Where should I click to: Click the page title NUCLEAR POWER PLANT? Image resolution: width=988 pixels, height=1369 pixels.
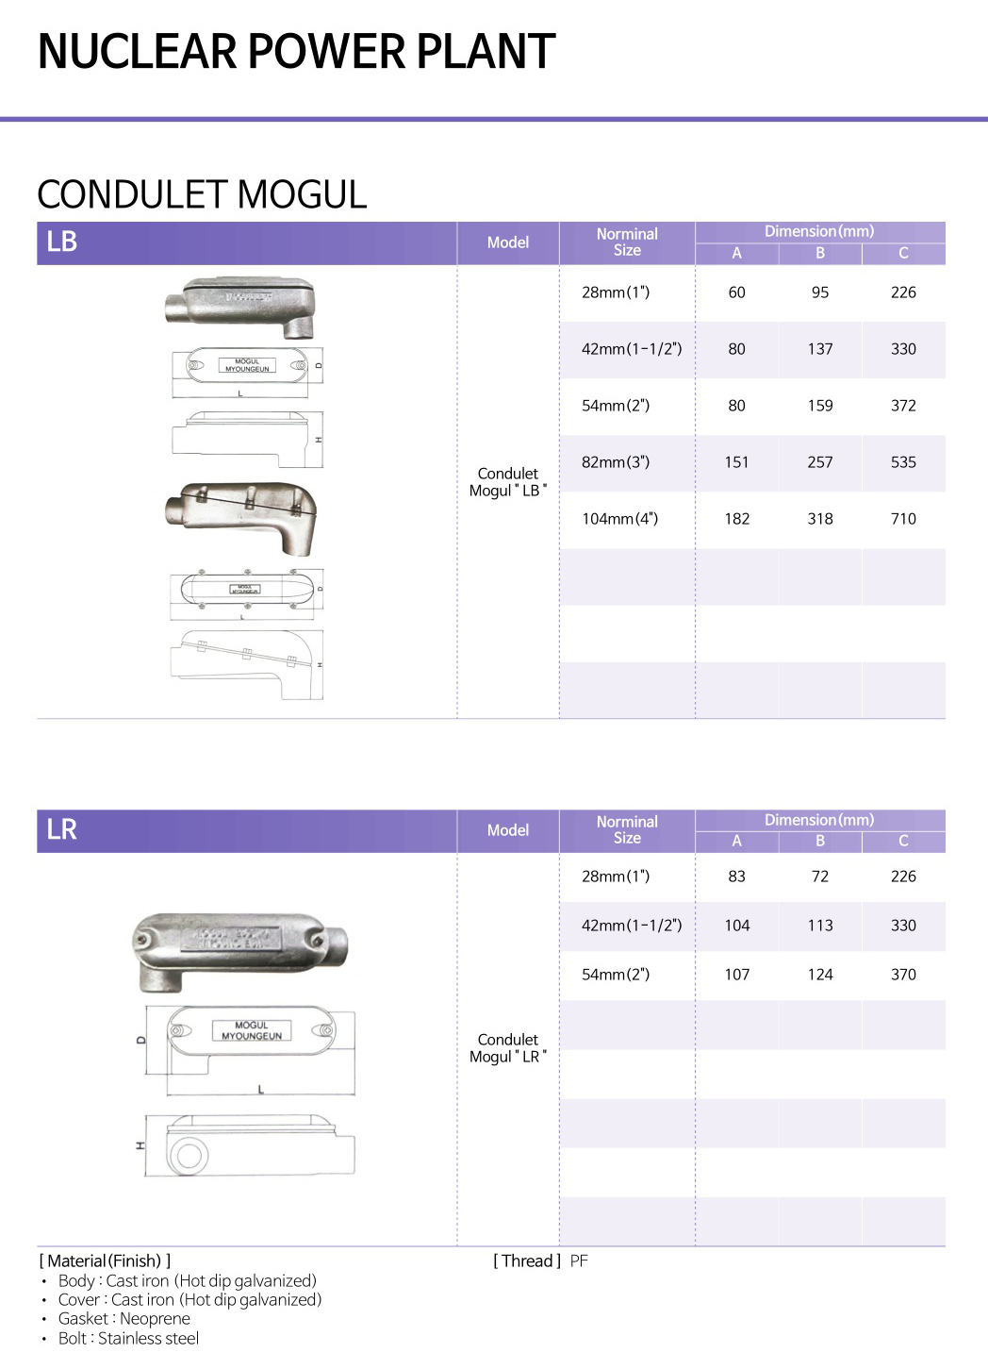[296, 52]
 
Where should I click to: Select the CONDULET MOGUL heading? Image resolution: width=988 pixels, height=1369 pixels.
[202, 194]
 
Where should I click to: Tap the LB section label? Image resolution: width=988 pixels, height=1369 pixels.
[62, 242]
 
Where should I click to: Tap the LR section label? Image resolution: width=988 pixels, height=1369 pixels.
[62, 829]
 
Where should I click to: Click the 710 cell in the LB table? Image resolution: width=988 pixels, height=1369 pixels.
[903, 519]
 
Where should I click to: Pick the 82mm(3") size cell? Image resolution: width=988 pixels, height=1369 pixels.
[616, 462]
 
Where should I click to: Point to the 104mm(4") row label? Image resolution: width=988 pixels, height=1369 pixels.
[619, 519]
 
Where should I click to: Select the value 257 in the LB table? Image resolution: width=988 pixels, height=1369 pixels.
[820, 462]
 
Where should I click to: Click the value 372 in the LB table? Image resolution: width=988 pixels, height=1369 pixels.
[903, 406]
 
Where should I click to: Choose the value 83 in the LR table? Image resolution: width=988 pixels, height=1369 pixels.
[736, 876]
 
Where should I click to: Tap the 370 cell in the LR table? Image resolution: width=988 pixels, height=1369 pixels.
[903, 975]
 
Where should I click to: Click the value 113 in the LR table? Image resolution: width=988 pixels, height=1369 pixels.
[820, 926]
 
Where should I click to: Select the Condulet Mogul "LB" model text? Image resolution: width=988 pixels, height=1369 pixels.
[508, 482]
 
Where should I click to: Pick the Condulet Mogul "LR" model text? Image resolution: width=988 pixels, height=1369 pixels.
[508, 1048]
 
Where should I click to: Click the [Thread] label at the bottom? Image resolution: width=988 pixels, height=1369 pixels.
[527, 1261]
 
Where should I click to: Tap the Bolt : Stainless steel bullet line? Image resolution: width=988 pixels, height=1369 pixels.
[128, 1339]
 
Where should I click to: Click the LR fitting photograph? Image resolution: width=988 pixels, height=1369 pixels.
[240, 951]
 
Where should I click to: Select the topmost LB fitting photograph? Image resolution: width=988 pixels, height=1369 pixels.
[240, 307]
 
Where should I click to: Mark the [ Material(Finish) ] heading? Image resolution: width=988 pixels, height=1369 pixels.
[105, 1261]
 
